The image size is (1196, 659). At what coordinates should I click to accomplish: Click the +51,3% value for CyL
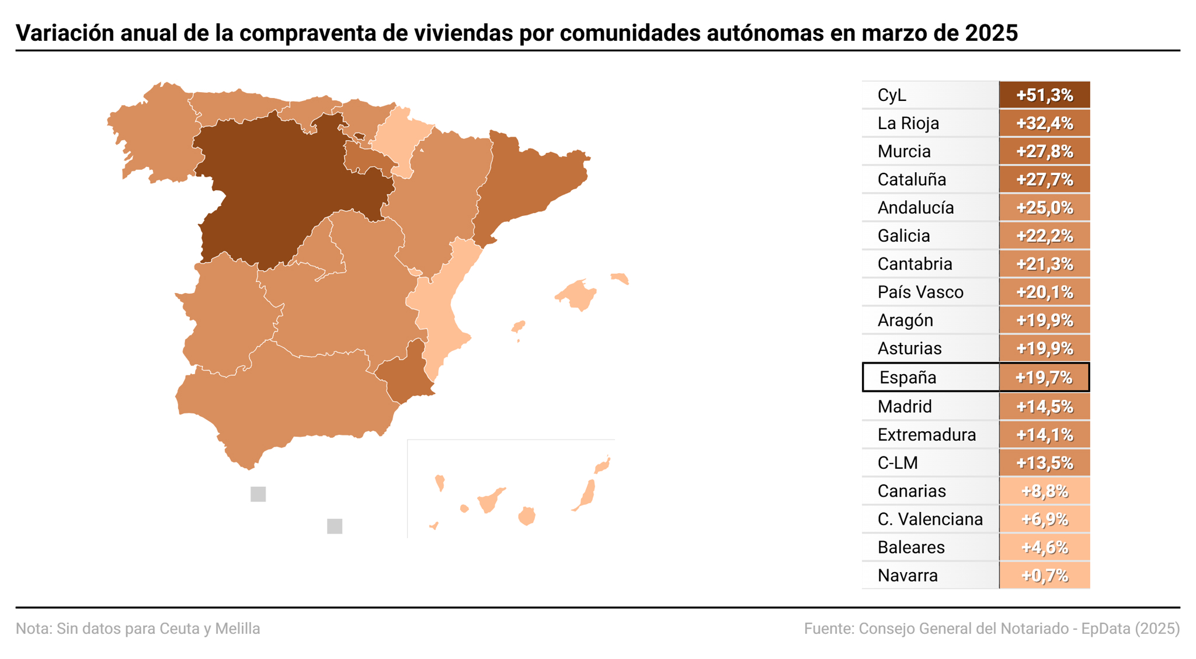[1044, 95]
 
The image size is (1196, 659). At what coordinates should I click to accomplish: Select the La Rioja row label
[908, 123]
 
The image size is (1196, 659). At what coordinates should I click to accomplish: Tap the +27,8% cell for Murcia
[1044, 151]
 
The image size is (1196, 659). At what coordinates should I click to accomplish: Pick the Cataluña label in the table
[912, 179]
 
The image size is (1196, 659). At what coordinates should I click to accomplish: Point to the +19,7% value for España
[1044, 377]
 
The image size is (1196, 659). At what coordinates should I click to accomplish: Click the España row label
[908, 377]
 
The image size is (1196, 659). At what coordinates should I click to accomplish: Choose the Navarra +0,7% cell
[1044, 576]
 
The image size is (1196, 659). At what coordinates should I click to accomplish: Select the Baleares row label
[910, 547]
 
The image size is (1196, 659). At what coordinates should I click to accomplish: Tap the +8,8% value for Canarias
[1044, 491]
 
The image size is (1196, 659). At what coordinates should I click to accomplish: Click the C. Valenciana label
[930, 519]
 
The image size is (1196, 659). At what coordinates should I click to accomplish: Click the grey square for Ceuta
[258, 494]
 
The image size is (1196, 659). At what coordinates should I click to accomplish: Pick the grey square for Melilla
[335, 526]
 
